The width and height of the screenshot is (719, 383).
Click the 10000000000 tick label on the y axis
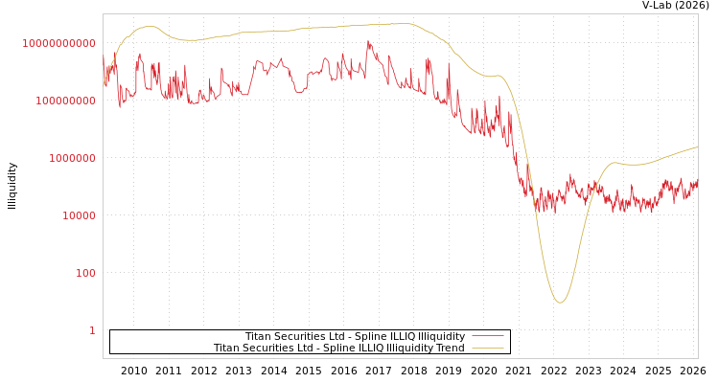click(x=58, y=43)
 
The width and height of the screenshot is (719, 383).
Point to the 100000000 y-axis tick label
click(x=63, y=101)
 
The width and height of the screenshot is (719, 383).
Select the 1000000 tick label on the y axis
click(x=72, y=158)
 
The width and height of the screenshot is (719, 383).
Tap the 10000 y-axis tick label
click(x=79, y=215)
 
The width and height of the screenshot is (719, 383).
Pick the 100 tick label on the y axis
click(x=85, y=273)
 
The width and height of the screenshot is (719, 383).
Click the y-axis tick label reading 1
click(x=92, y=330)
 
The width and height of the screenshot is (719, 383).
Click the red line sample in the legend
click(x=488, y=336)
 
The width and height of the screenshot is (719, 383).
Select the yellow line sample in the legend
click(x=488, y=348)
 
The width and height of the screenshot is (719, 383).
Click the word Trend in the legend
click(x=449, y=348)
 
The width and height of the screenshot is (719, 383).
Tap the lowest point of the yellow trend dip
click(x=560, y=303)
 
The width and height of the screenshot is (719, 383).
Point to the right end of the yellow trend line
click(x=697, y=147)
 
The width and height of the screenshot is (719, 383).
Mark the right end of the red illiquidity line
click(x=697, y=182)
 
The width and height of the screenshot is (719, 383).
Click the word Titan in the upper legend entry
click(x=258, y=336)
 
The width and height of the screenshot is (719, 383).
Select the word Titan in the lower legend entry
click(x=226, y=348)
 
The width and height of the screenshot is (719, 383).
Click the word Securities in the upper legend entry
click(x=299, y=336)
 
